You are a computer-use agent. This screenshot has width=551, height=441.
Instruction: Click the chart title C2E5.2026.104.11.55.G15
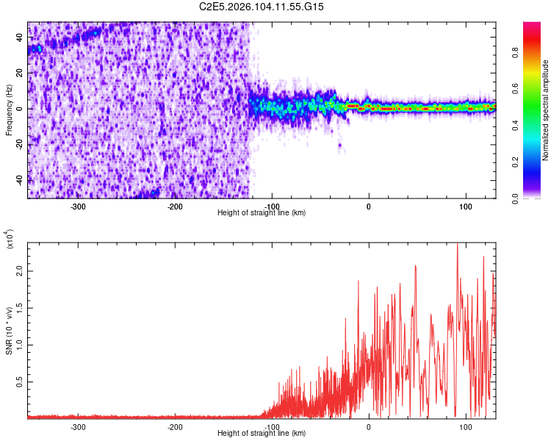[x=262, y=7]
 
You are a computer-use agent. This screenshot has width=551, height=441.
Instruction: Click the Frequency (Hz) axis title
[x=9, y=110]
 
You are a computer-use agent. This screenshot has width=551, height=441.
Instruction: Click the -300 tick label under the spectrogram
[x=78, y=207]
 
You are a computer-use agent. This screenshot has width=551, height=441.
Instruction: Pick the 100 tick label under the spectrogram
[x=466, y=207]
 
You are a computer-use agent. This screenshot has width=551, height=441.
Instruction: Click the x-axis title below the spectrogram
[x=262, y=213]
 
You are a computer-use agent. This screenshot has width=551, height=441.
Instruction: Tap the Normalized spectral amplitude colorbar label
[x=546, y=110]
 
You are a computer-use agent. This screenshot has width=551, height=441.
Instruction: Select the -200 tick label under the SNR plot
[x=175, y=427]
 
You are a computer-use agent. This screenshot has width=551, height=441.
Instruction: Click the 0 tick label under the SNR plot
[x=369, y=427]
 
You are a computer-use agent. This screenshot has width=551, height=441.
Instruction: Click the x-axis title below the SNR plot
[x=262, y=434]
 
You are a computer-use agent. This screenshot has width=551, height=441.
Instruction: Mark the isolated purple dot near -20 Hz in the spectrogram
[x=340, y=145]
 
